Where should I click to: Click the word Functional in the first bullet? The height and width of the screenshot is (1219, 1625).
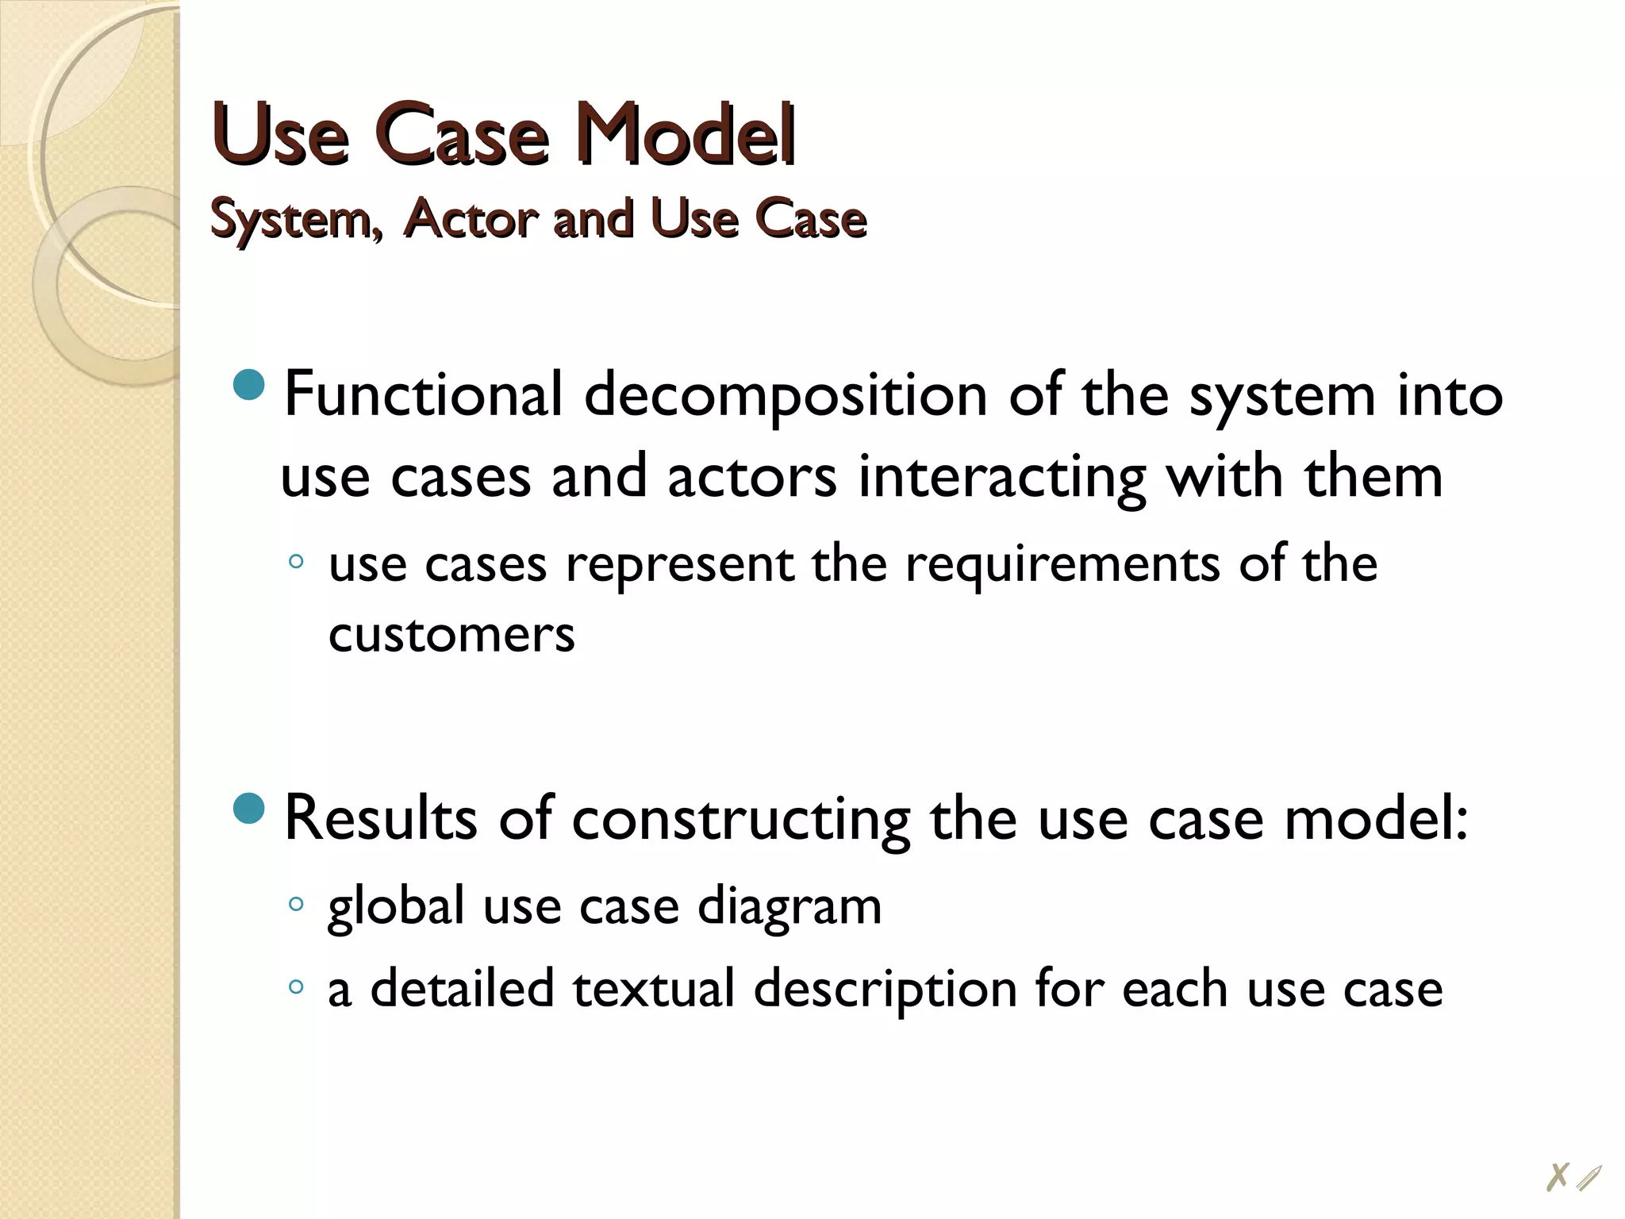423,394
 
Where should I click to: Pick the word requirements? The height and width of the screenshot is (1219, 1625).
1062,563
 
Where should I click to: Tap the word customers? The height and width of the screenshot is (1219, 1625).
451,635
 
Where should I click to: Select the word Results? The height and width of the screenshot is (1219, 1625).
380,817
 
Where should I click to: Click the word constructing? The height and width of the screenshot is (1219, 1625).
740,819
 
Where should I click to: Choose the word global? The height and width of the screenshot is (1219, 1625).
396,906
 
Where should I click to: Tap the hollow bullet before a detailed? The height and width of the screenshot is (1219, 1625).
296,986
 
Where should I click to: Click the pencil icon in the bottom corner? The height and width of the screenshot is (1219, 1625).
1589,1178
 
